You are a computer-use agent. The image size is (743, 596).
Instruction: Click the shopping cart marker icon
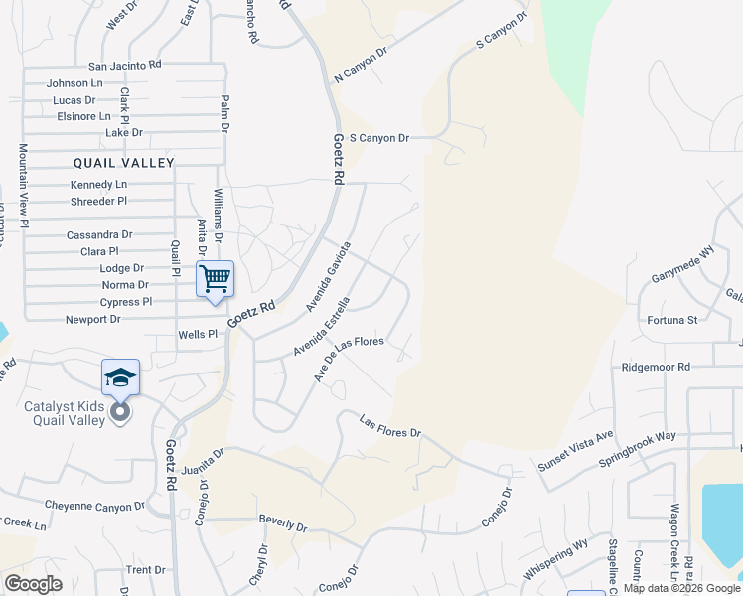point(216,279)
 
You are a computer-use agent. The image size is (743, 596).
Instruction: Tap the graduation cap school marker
point(120,377)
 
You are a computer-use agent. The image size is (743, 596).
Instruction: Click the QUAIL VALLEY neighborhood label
point(123,162)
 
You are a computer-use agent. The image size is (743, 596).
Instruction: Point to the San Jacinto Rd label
point(124,64)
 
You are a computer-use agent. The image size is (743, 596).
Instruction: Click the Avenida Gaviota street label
point(329,276)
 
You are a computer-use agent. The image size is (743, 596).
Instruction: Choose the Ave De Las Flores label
point(349,357)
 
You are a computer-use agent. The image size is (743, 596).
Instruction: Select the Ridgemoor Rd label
point(656,367)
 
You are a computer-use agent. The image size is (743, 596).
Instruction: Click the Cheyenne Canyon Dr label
point(87,507)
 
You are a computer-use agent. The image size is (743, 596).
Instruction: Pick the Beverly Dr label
point(282,522)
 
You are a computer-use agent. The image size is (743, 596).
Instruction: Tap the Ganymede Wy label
point(682,268)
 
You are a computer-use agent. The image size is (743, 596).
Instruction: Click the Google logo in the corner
point(33,584)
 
